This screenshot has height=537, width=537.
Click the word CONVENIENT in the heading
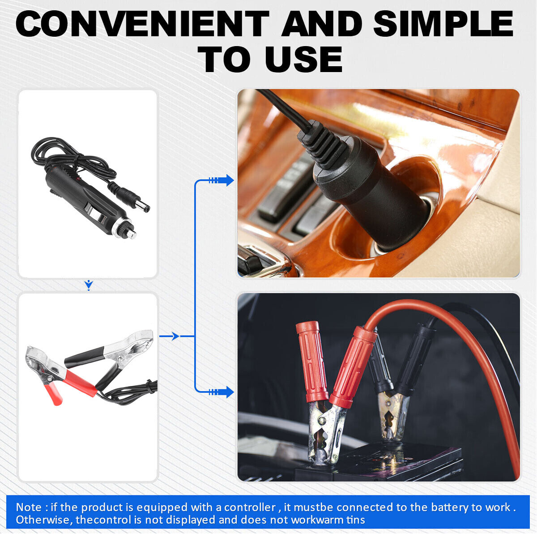click(x=143, y=24)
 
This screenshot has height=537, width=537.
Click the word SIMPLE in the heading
click(x=443, y=24)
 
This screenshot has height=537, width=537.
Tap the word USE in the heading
click(x=304, y=59)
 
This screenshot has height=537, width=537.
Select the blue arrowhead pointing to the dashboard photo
click(x=230, y=180)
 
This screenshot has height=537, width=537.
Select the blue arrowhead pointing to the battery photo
click(x=230, y=392)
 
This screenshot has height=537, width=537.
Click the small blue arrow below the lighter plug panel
click(x=89, y=285)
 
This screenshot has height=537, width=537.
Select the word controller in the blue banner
click(x=250, y=507)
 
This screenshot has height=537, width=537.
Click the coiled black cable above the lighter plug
click(x=72, y=159)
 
